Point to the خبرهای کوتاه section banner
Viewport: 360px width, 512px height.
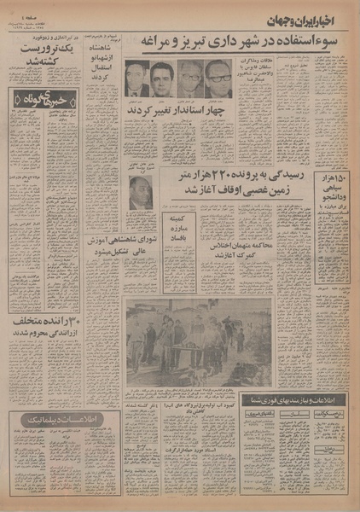[38, 99]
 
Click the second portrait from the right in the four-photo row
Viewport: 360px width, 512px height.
[191, 79]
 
